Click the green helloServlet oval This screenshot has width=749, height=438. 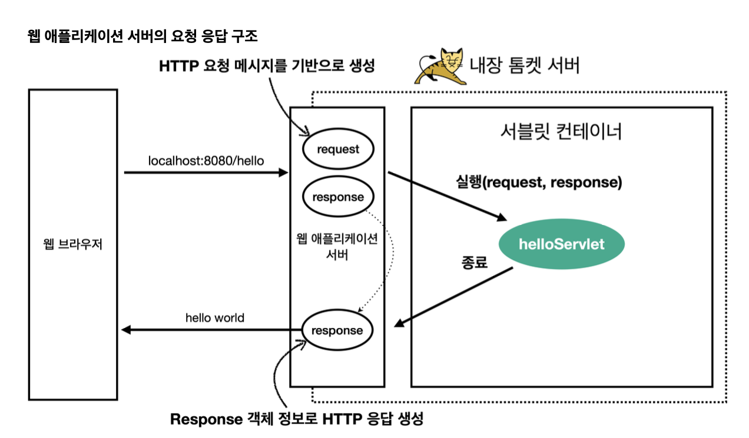click(x=561, y=244)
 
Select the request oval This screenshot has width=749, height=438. click(x=337, y=149)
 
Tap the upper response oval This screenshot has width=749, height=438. click(x=337, y=197)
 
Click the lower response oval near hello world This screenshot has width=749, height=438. click(x=337, y=330)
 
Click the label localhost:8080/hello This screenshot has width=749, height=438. click(x=206, y=160)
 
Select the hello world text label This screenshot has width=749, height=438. click(x=214, y=318)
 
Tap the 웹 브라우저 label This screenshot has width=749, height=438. click(x=73, y=244)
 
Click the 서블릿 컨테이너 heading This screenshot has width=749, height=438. click(x=559, y=131)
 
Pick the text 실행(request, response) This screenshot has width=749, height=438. click(x=539, y=182)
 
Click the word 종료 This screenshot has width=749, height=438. click(x=474, y=263)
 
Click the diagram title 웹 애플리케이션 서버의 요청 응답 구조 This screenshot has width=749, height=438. click(x=142, y=36)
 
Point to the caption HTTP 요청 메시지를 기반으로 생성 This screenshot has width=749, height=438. click(x=267, y=66)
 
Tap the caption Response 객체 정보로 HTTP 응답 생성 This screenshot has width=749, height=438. click(x=297, y=419)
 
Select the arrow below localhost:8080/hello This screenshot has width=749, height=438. click(x=206, y=172)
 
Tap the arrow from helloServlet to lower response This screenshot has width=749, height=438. click(x=453, y=297)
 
